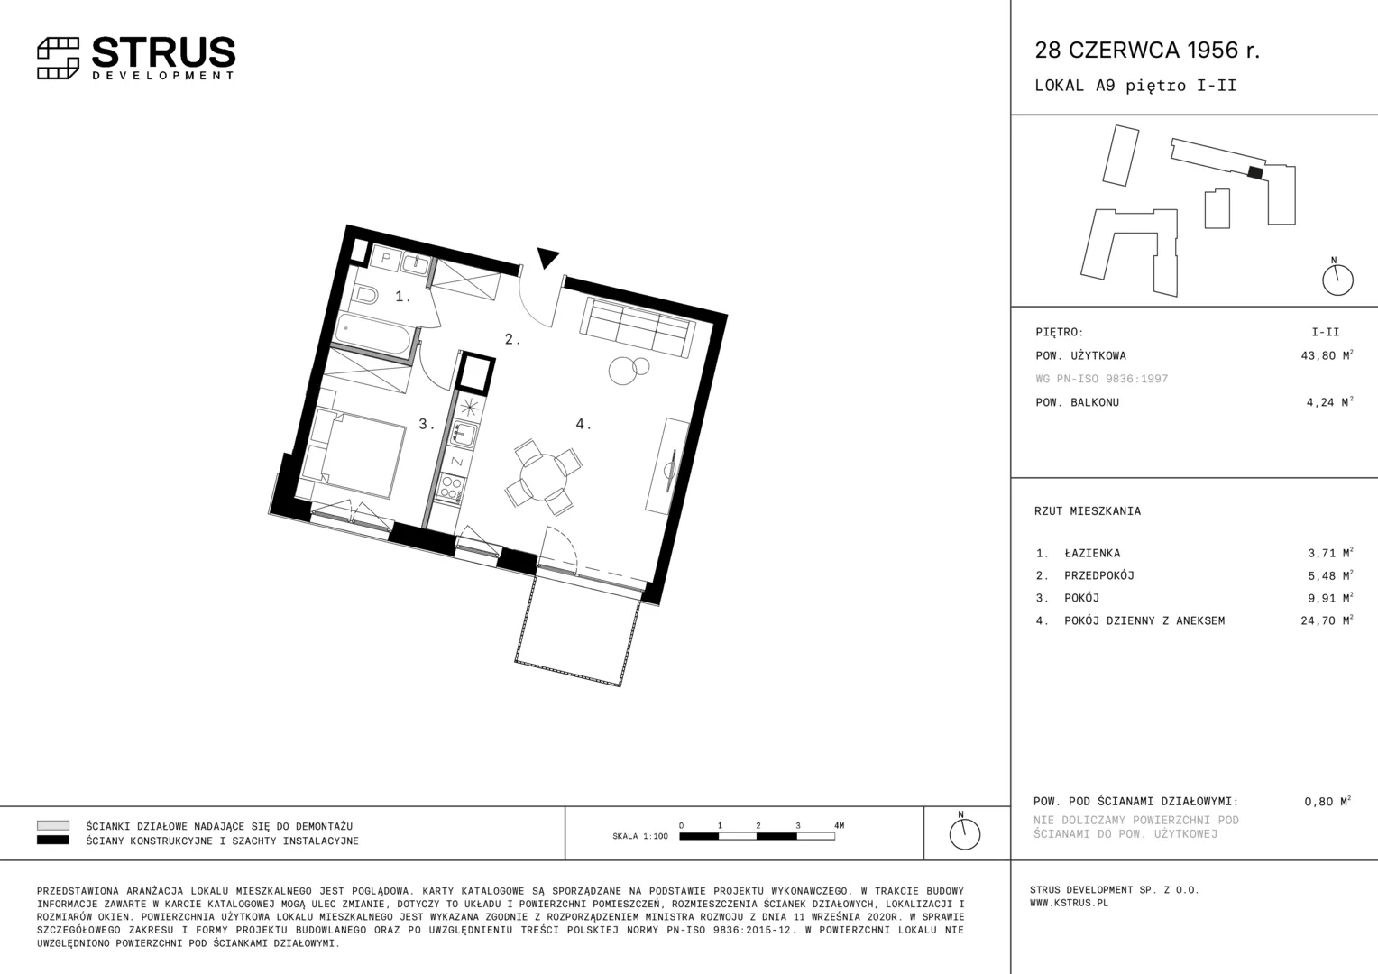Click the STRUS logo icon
58,59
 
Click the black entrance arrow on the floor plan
547,257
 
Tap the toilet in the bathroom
365,295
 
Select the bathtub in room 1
374,333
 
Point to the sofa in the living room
638,326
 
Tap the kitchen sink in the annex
462,434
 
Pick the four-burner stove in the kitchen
450,489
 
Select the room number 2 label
512,339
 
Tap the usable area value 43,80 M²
1327,355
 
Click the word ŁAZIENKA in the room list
1092,553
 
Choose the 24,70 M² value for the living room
1327,620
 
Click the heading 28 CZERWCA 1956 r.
1147,50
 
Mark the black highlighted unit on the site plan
1255,173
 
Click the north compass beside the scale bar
964,832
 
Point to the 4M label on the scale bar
839,826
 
